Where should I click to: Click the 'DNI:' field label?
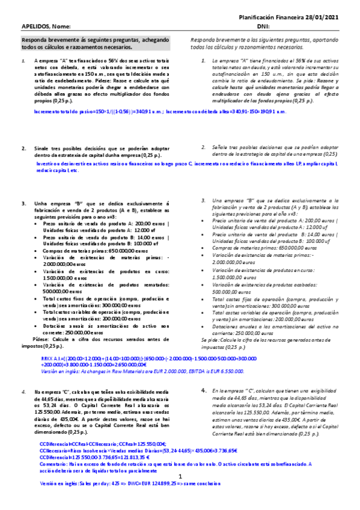pyautogui.click(x=263, y=27)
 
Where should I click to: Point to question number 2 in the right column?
pyautogui.click(x=204, y=147)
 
